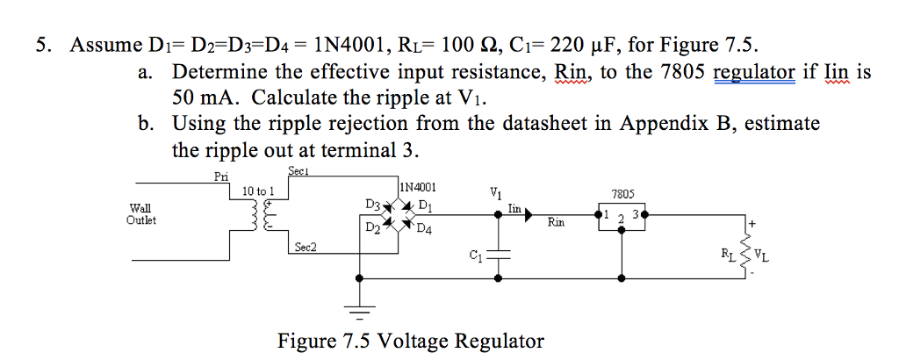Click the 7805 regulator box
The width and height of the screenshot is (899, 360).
[622, 216]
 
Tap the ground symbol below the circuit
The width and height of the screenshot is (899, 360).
[359, 312]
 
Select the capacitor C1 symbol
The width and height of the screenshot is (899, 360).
[498, 255]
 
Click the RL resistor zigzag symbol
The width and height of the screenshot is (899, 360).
[746, 253]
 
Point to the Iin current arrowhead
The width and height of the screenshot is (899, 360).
[528, 215]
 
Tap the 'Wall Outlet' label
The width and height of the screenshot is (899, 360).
[140, 214]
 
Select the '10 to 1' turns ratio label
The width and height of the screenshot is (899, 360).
[259, 191]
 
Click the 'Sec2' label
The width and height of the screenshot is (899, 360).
[306, 247]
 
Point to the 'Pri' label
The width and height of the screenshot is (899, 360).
[220, 176]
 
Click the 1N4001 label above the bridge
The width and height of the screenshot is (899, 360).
[418, 187]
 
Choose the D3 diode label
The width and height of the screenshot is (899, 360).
[372, 204]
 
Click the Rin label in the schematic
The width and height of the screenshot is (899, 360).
[556, 220]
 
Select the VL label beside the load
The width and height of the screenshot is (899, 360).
[763, 256]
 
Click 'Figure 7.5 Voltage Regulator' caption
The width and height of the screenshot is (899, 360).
[411, 341]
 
